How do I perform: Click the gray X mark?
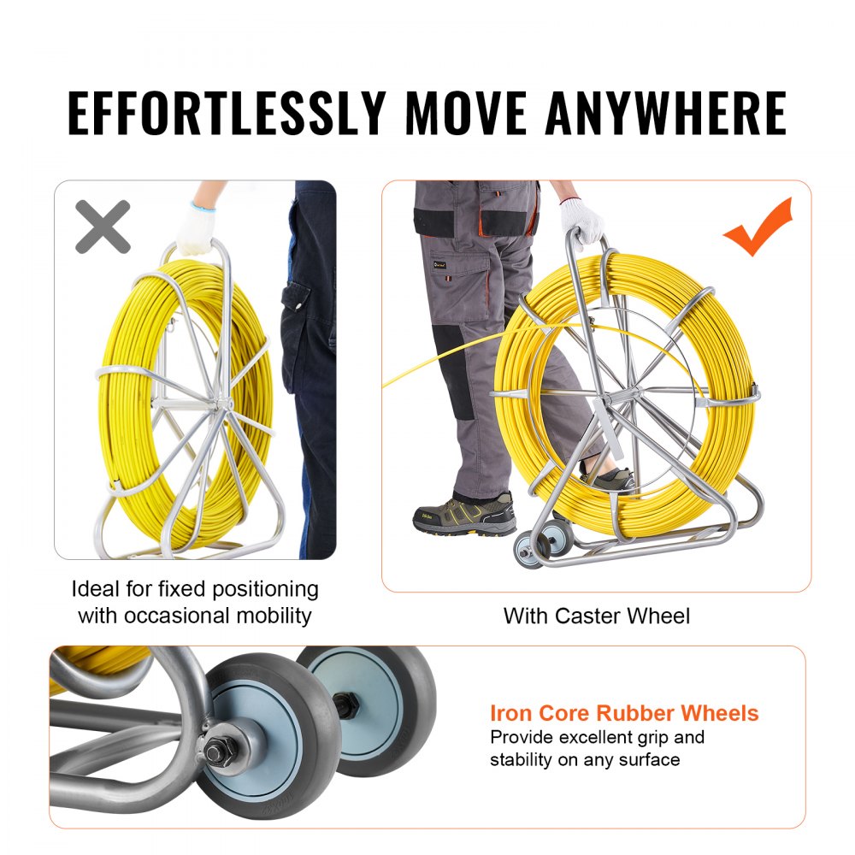point(103,227)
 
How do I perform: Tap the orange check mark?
point(758,227)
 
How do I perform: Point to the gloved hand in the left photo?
point(195,227)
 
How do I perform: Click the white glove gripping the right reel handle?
point(581,221)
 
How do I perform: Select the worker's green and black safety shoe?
point(465,515)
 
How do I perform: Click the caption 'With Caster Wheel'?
point(596,616)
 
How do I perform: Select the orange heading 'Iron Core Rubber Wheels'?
point(624,713)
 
